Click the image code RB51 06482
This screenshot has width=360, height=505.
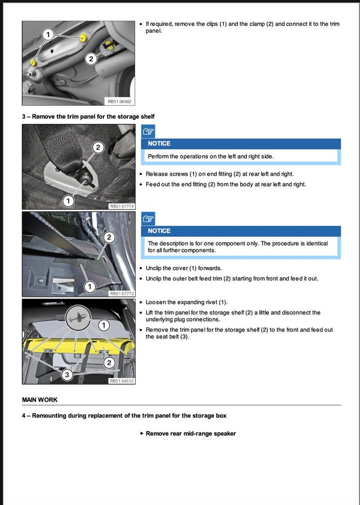pyautogui.click(x=118, y=102)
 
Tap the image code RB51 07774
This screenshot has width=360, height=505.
pyautogui.click(x=122, y=206)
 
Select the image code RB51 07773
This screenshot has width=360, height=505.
pyautogui.click(x=122, y=294)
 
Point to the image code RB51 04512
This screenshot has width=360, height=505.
pyautogui.click(x=122, y=381)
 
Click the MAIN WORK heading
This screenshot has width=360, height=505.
pyautogui.click(x=39, y=400)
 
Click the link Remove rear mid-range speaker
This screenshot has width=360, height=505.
pyautogui.click(x=190, y=433)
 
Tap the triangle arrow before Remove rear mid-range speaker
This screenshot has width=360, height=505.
pyautogui.click(x=142, y=433)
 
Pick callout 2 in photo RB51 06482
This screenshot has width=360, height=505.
pyautogui.click(x=91, y=59)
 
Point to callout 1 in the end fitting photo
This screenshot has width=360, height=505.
pyautogui.click(x=68, y=201)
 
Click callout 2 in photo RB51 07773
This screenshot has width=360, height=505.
pyautogui.click(x=108, y=237)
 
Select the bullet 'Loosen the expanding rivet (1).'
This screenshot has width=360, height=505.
pyautogui.click(x=187, y=302)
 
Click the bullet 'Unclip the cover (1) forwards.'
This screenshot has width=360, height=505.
pyautogui.click(x=184, y=268)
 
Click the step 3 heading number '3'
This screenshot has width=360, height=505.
pyautogui.click(x=24, y=117)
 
